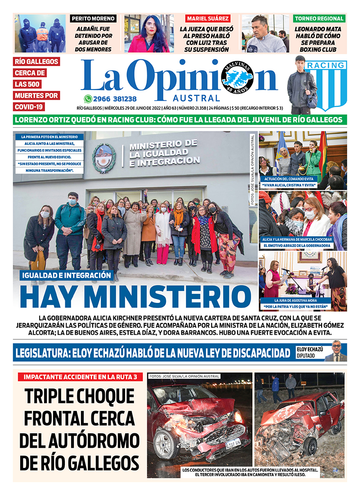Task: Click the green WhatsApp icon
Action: point(88,99)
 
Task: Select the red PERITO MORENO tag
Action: point(93,19)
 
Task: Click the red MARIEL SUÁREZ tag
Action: point(208,19)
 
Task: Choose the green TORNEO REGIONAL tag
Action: point(319,19)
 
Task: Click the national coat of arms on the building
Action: point(104,158)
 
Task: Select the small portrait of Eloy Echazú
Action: point(337,351)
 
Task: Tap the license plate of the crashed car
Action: point(233,444)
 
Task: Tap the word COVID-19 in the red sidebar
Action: point(28,107)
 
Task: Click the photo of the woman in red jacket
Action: point(149,33)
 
